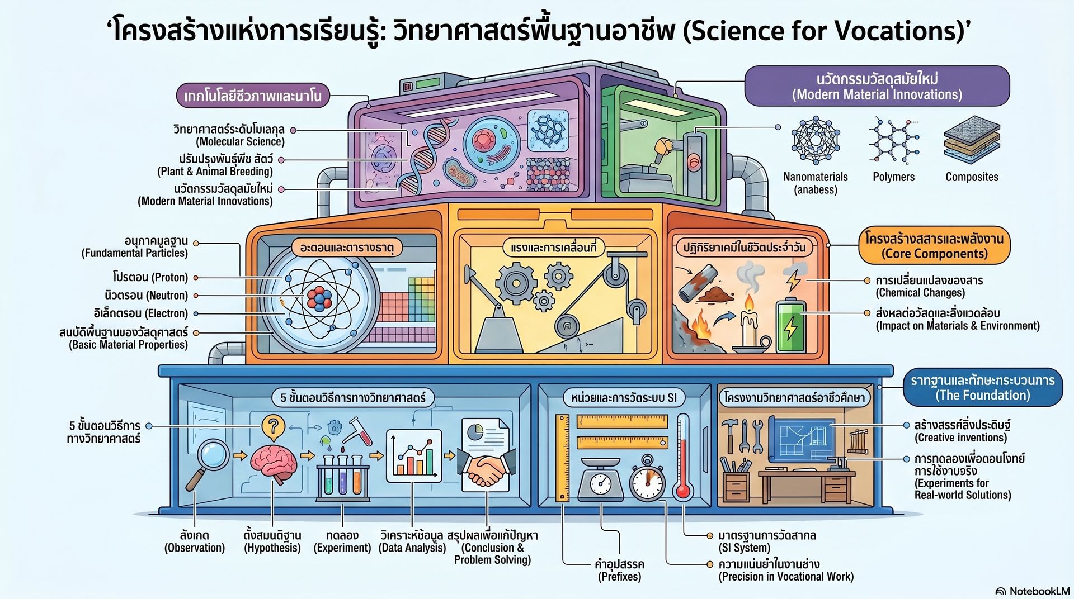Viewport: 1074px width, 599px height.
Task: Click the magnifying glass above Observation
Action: [208, 464]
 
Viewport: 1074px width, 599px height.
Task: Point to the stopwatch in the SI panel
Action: [647, 479]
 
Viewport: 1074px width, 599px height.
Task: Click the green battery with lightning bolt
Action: [790, 326]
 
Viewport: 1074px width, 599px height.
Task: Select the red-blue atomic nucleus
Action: [319, 299]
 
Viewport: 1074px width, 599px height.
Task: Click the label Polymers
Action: [893, 177]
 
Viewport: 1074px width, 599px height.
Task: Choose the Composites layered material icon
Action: [972, 140]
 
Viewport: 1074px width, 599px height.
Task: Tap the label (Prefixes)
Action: [619, 577]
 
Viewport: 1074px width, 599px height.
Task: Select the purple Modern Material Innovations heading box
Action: [877, 86]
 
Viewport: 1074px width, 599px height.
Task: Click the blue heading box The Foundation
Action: [982, 388]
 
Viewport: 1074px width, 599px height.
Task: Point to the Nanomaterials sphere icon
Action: [816, 140]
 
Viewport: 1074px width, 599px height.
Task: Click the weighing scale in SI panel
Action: [600, 478]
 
